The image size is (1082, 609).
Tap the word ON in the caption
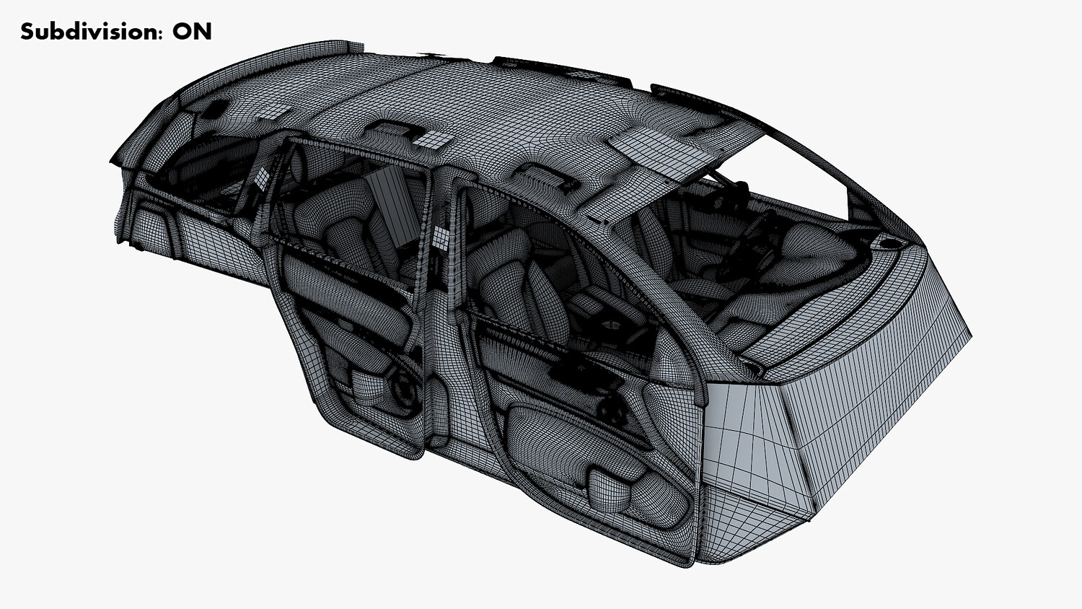point(193,32)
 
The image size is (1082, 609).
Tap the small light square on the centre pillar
point(441,237)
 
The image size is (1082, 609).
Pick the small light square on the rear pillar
point(261,178)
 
